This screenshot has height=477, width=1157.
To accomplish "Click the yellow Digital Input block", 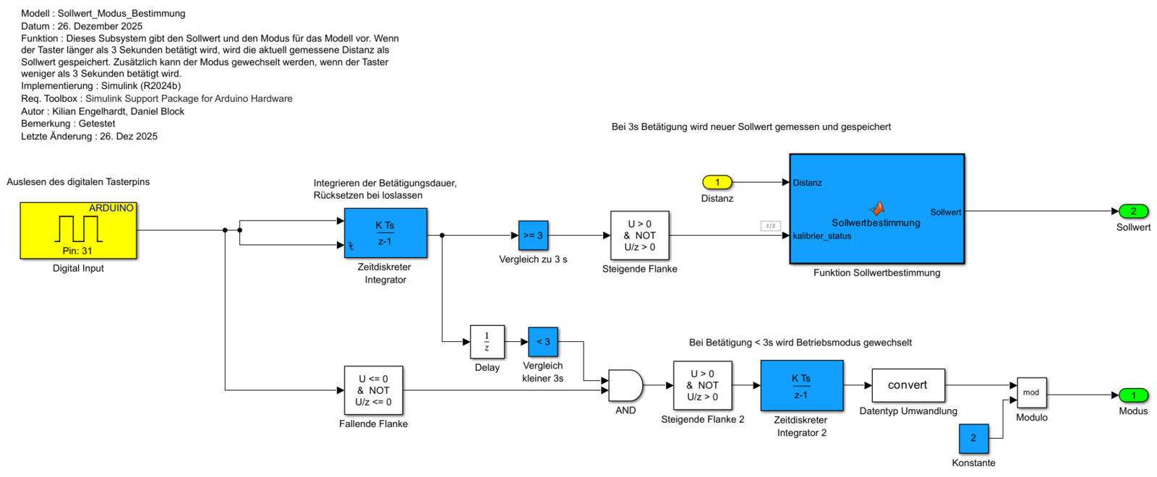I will [x=78, y=231].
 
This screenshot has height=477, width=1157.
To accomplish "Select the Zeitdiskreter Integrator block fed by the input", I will [x=385, y=233].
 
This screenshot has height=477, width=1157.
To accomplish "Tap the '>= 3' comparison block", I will [x=533, y=236].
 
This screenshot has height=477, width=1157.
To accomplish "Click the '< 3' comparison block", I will [x=543, y=342].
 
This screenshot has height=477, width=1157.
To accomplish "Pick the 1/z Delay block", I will [x=487, y=342].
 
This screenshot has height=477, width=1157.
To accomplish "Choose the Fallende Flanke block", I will [x=373, y=390].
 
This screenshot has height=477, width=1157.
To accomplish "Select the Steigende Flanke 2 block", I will [x=702, y=385].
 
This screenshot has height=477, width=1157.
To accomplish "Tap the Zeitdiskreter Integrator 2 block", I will [x=801, y=386].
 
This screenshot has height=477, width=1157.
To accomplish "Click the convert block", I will [x=908, y=385].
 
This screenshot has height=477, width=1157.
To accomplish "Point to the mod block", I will [x=1031, y=392].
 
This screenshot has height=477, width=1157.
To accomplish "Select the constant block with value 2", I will [x=973, y=438].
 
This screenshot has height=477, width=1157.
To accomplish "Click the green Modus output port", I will [x=1133, y=395].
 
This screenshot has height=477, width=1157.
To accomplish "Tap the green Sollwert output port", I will [x=1133, y=211].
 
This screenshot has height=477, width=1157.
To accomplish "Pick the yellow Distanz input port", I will [x=717, y=182].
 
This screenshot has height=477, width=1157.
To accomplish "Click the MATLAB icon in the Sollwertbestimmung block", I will [x=876, y=208].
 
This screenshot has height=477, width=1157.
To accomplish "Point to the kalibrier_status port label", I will [x=822, y=236].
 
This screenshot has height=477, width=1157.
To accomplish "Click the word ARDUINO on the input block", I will [x=111, y=208].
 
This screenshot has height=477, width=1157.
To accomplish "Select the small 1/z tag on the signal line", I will [x=770, y=226].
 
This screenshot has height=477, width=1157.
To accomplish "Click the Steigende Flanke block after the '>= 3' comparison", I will [x=639, y=236].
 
